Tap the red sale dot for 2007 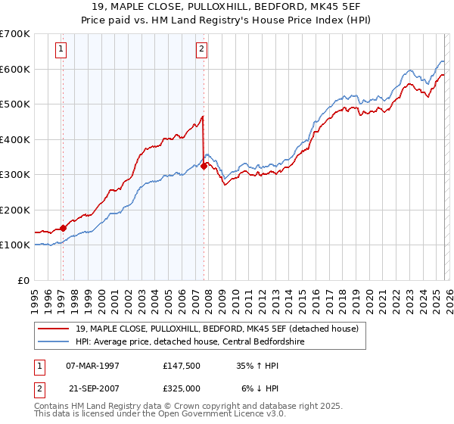pyautogui.click(x=204, y=166)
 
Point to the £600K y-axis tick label pyautogui.click(x=14, y=69)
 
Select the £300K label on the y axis pyautogui.click(x=14, y=175)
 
